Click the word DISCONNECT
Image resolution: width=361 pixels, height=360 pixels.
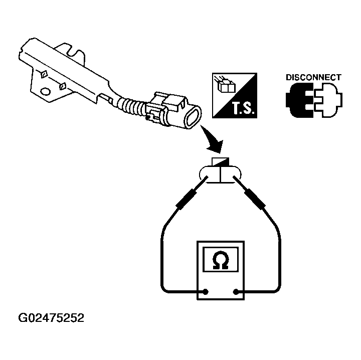[x=313, y=78]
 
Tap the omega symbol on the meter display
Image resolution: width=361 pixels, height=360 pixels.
[x=221, y=260]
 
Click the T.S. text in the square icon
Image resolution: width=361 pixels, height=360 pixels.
[x=243, y=108]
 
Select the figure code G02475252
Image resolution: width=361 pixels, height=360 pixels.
[x=51, y=318]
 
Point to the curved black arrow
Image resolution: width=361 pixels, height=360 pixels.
[x=213, y=141]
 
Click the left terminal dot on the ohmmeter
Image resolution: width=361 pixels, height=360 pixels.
[x=206, y=292]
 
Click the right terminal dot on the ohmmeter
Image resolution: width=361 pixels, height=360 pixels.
[x=236, y=292]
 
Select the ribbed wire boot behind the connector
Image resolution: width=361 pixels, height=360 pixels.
[x=131, y=106]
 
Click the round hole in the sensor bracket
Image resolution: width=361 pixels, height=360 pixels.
[x=45, y=91]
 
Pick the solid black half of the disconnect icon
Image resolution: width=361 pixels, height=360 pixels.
[x=299, y=100]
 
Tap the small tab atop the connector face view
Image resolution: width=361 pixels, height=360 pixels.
[x=220, y=161]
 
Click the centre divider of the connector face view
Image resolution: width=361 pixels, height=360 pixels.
[x=221, y=174]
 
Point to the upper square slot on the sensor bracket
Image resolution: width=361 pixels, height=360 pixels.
[x=44, y=74]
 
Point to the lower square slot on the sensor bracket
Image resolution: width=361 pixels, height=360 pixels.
[x=62, y=87]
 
